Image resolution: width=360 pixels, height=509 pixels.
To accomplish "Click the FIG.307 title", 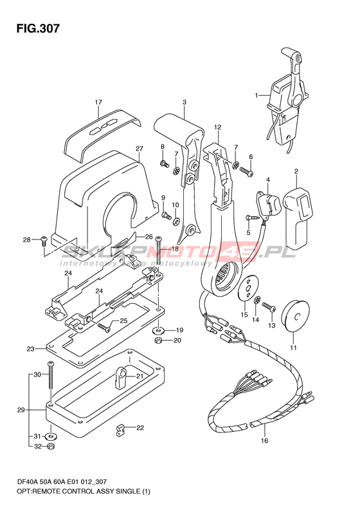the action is click(38, 28).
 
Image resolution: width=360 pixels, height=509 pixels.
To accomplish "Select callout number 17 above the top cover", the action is click(98, 102).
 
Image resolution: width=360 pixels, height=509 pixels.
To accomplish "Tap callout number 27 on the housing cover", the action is click(139, 149).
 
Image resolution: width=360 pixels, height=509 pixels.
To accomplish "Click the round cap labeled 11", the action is click(295, 316).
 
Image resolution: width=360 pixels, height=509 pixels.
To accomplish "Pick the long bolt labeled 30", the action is click(50, 375).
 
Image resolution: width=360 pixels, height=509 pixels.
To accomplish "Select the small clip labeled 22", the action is click(121, 430).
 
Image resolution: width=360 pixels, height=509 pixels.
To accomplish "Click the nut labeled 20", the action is click(159, 340).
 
